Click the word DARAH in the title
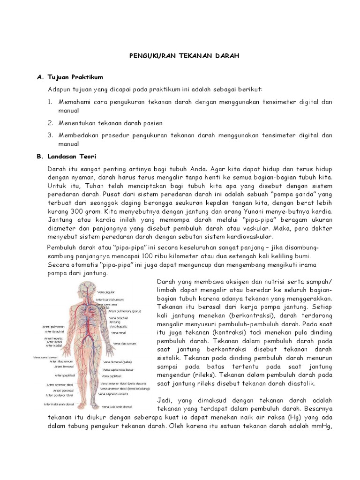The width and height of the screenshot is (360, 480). coord(228,56)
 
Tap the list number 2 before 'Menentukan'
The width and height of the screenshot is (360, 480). coord(51,123)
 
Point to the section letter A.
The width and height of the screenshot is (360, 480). coord(39,77)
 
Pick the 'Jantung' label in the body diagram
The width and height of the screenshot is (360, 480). coord(114,322)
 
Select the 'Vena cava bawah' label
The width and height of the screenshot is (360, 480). coord(45,357)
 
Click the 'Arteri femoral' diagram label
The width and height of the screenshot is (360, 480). coord(64,367)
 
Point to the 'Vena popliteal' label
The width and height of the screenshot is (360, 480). coord(112,376)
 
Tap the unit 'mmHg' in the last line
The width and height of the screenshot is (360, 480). coord(321,427)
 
